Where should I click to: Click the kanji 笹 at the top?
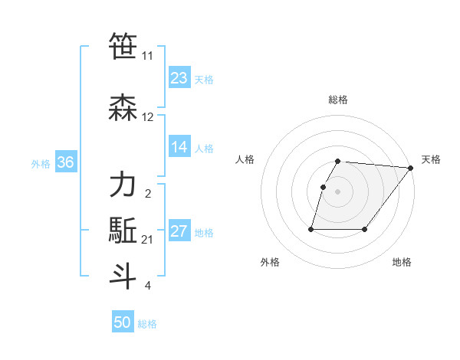click(x=123, y=47)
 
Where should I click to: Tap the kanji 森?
click(x=123, y=106)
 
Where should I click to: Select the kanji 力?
click(x=123, y=185)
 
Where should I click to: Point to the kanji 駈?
click(x=123, y=231)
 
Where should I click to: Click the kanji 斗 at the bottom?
click(x=123, y=275)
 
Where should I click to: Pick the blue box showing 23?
click(x=179, y=78)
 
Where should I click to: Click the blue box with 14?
click(x=179, y=147)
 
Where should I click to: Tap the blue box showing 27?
click(x=179, y=232)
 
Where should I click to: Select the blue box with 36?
click(x=65, y=162)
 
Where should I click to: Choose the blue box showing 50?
click(x=122, y=322)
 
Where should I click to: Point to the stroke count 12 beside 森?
click(x=148, y=117)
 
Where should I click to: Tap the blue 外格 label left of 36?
click(x=41, y=163)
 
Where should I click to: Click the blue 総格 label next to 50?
click(x=147, y=324)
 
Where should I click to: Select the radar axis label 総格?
click(x=338, y=100)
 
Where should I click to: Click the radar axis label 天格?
click(x=431, y=159)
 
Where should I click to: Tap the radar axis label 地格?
click(x=402, y=262)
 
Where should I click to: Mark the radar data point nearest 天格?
click(x=411, y=169)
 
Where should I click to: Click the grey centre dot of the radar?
click(x=338, y=192)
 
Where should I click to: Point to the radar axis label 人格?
click(x=245, y=159)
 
